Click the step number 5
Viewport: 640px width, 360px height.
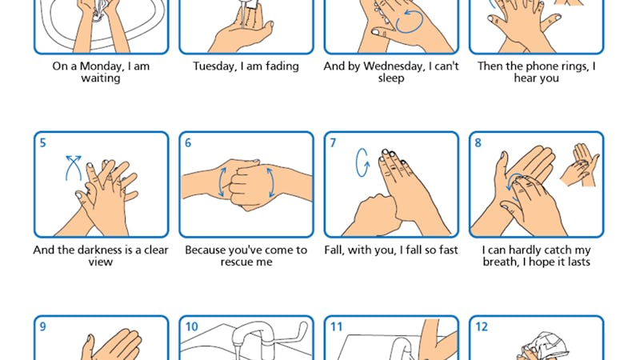(43, 143)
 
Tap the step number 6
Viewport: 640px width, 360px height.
(188, 143)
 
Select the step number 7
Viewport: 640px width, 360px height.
(333, 143)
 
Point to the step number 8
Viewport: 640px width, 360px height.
(478, 143)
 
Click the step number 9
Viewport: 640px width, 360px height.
(43, 327)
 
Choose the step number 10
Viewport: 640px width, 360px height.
(191, 327)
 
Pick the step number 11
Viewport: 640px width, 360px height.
(336, 327)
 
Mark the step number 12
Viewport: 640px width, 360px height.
(482, 327)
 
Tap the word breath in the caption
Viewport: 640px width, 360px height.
(500, 262)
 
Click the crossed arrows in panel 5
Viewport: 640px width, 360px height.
(74, 167)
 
